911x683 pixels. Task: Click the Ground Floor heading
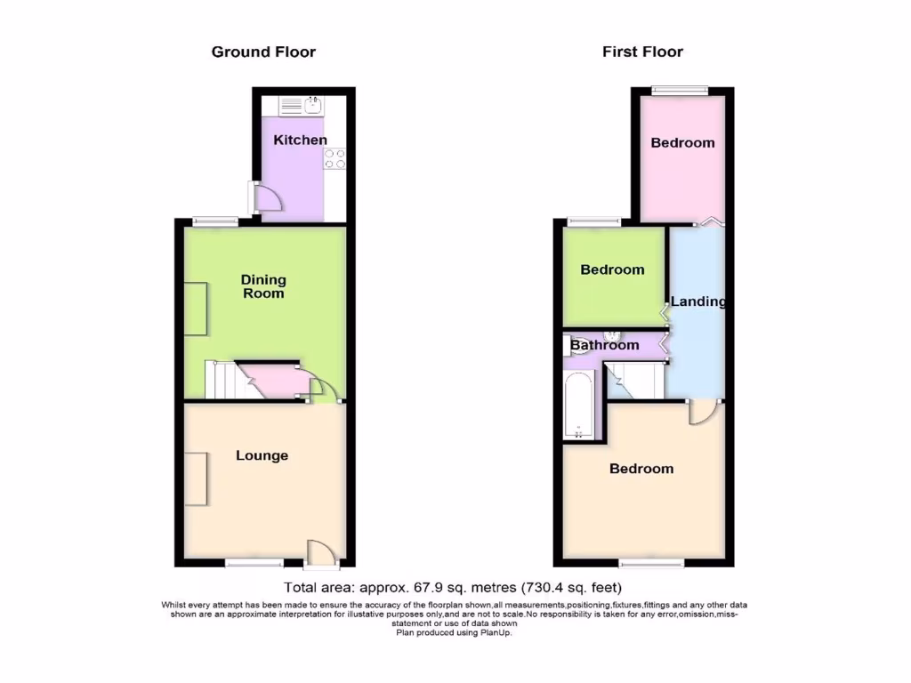tap(263, 52)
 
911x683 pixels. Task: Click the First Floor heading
tap(642, 52)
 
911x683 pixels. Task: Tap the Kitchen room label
tap(300, 140)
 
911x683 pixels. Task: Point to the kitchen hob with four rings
tap(335, 158)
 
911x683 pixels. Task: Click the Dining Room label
tap(263, 286)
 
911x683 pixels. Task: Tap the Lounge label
tap(262, 455)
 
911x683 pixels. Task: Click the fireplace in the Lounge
tap(197, 478)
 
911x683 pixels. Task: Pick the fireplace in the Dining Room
tap(197, 309)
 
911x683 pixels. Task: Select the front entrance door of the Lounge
tap(322, 553)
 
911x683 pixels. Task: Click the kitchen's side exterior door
tap(266, 197)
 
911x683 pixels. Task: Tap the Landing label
tap(697, 301)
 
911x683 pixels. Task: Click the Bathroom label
tap(605, 345)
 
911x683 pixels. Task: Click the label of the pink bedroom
tap(682, 142)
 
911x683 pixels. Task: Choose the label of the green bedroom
tap(612, 269)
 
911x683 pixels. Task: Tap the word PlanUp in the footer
tap(494, 633)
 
